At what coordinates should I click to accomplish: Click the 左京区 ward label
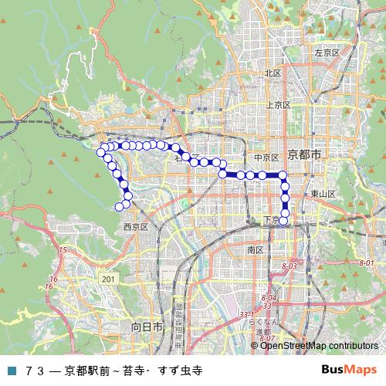click(327, 52)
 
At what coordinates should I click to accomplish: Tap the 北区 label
click(273, 73)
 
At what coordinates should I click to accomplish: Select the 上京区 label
click(277, 104)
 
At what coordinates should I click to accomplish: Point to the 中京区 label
click(265, 157)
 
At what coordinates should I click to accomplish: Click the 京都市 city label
click(304, 155)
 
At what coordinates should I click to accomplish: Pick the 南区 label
click(256, 250)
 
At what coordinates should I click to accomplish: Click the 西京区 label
click(135, 226)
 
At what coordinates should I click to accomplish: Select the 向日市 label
click(146, 327)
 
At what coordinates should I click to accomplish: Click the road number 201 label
click(107, 279)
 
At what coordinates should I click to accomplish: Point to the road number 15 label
click(63, 250)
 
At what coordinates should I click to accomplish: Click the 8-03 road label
click(289, 266)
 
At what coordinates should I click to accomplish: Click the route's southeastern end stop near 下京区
click(284, 222)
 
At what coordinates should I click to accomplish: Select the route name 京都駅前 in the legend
click(85, 370)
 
